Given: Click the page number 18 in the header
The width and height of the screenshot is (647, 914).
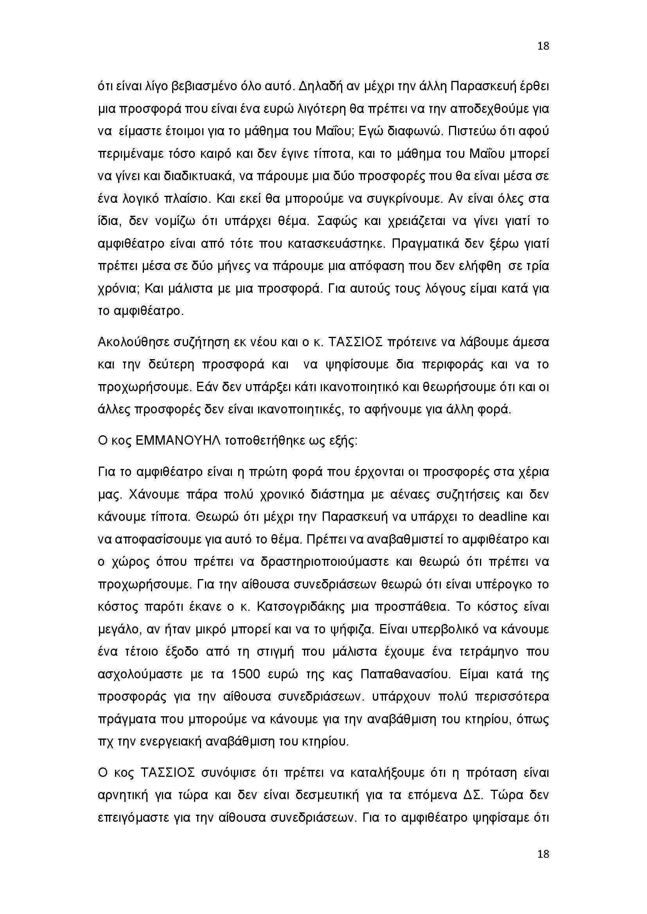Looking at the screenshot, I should point(543,46).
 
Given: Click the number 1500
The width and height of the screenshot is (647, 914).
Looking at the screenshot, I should point(245,674).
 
